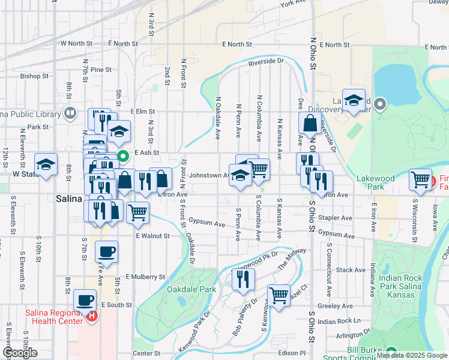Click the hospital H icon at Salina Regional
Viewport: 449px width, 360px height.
coord(92,316)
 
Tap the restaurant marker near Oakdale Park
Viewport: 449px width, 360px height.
coord(243,278)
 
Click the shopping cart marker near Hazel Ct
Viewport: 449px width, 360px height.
coord(279,295)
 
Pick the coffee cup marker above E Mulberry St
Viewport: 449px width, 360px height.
coord(106,252)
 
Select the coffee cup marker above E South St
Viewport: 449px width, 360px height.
coord(84,300)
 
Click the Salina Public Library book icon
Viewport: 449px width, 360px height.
coord(70,113)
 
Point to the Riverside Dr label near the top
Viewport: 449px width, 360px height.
coord(265,61)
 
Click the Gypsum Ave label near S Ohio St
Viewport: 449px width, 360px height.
coord(334,232)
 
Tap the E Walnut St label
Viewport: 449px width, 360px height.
coord(152,236)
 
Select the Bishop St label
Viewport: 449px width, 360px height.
coord(34,76)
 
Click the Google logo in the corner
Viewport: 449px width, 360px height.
coord(20,353)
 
